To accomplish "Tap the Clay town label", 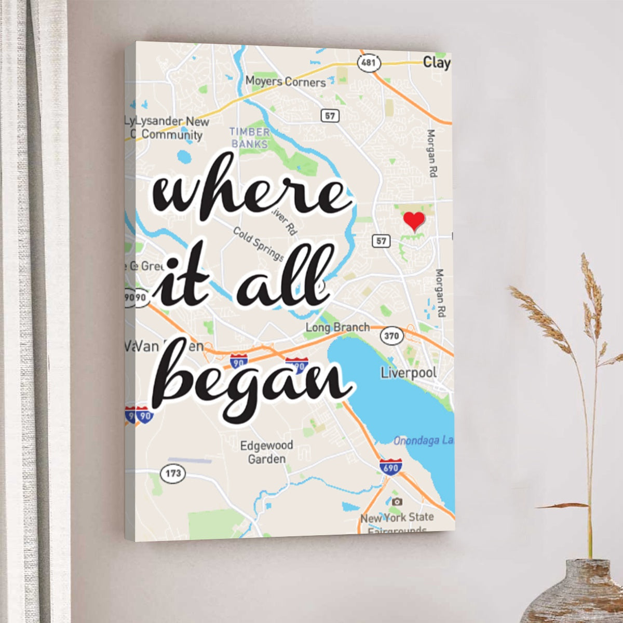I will click(x=436, y=63).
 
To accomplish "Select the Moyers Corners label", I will click(x=286, y=82).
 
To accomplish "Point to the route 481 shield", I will click(x=369, y=63).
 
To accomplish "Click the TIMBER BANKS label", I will click(x=250, y=138).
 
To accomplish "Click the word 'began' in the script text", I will click(x=249, y=379).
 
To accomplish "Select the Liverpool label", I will click(x=409, y=373).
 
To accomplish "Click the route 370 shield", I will click(x=391, y=336).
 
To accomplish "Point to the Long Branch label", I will click(x=337, y=328).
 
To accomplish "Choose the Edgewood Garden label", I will click(x=267, y=452).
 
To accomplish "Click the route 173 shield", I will click(x=173, y=473).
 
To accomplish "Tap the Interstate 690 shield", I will click(x=390, y=467).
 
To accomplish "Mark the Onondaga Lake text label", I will click(x=423, y=441).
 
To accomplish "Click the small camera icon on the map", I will click(x=397, y=502).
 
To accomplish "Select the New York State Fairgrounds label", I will click(x=397, y=522).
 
